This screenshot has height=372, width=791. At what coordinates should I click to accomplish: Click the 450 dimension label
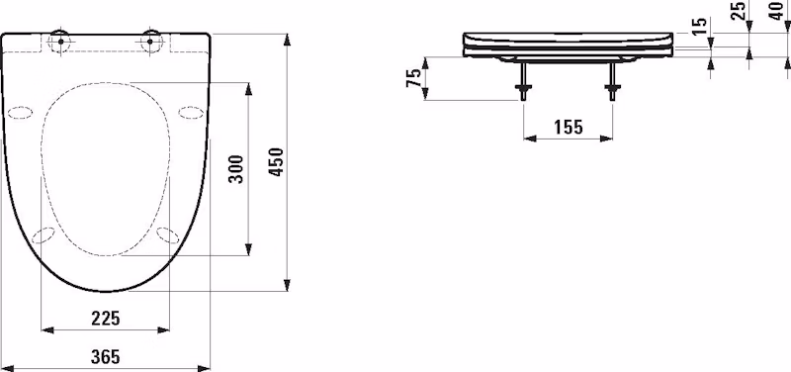277,162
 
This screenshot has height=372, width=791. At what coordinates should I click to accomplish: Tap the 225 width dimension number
106,319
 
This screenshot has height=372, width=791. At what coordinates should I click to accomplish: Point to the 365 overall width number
106,357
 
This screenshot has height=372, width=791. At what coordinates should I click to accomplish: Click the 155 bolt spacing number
569,128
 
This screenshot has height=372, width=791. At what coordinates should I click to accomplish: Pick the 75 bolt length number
413,78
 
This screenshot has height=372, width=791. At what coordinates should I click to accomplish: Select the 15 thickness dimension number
699,27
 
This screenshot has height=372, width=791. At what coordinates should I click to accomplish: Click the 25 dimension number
739,11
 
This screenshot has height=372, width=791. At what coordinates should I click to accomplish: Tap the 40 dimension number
778,11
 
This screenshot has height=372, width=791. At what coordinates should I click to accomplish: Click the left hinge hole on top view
60,42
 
